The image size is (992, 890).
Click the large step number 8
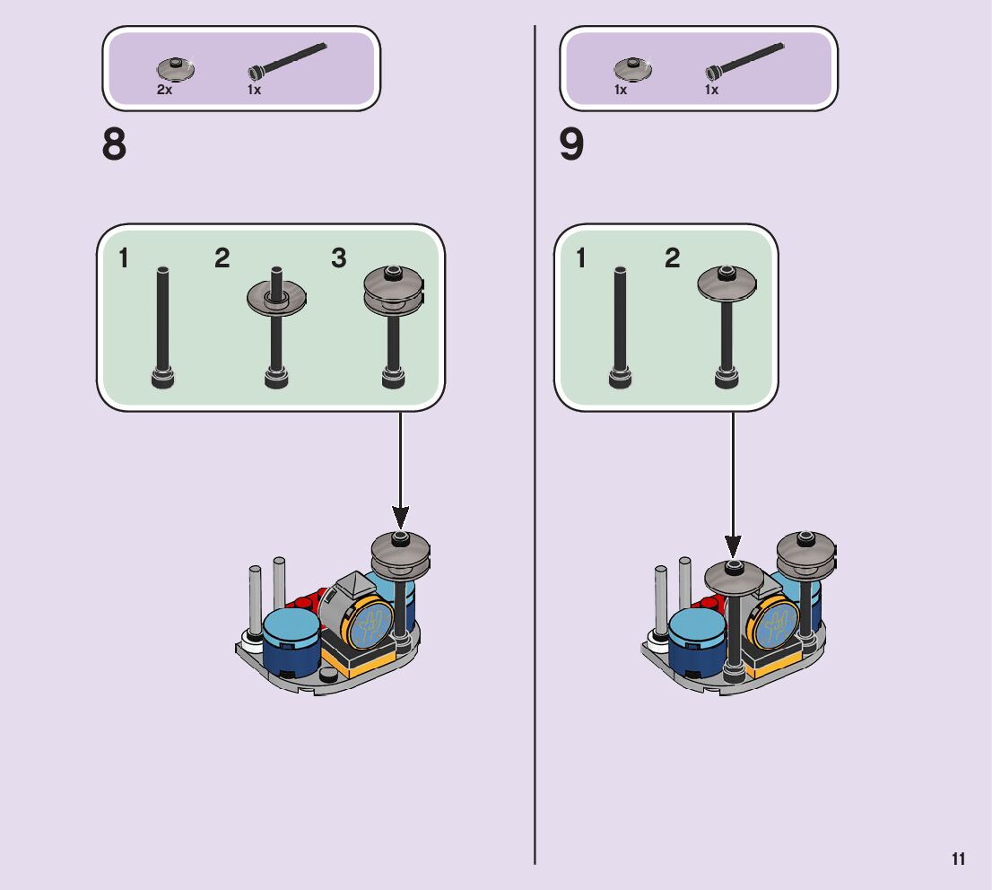click(x=115, y=145)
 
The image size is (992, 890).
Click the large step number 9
click(x=571, y=145)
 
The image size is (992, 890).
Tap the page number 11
click(x=958, y=859)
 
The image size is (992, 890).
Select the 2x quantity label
click(x=164, y=91)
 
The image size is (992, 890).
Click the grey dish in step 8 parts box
click(x=175, y=69)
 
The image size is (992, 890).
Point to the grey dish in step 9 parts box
click(x=632, y=69)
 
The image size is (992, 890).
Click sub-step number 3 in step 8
click(x=338, y=259)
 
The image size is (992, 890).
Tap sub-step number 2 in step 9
click(x=673, y=259)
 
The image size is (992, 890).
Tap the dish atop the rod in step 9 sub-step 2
click(x=727, y=284)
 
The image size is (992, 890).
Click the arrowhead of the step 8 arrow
click(x=400, y=518)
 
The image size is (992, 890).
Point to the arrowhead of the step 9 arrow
click(x=733, y=545)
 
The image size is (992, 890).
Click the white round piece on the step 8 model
click(x=250, y=641)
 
